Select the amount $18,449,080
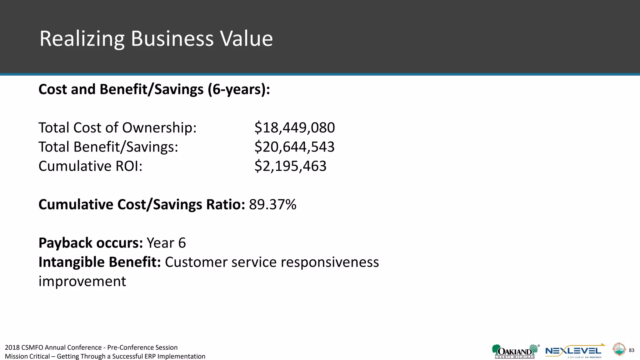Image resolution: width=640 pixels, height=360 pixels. [x=294, y=128]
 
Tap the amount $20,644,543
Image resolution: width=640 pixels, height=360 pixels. [x=294, y=147]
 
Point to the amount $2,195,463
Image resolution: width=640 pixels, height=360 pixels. [x=290, y=166]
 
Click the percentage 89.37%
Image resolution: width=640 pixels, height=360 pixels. [x=272, y=205]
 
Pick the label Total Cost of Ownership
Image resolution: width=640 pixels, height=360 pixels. [x=117, y=128]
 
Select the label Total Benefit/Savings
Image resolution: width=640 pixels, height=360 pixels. [x=108, y=147]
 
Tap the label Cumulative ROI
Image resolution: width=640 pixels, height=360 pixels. [x=90, y=166]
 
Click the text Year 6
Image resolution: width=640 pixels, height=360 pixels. [x=166, y=243]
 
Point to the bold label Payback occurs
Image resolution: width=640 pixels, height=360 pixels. [x=91, y=243]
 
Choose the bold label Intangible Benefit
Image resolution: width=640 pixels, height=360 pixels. [x=100, y=262]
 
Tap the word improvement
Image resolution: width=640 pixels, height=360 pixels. [x=82, y=281]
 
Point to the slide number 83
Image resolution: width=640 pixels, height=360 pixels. [x=631, y=350]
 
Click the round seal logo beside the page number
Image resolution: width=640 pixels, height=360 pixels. [x=618, y=349]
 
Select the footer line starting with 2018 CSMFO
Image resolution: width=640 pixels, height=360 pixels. [x=91, y=347]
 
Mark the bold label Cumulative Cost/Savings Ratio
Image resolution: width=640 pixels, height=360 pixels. [x=142, y=205]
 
